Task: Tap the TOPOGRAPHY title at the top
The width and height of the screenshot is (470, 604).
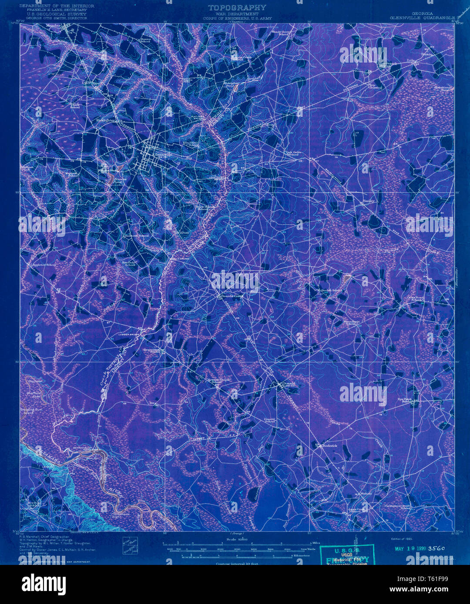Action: (237, 7)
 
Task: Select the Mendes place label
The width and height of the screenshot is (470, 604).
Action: (54, 26)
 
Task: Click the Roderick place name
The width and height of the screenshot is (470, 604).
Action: (329, 446)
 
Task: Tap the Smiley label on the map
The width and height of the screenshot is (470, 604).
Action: (369, 201)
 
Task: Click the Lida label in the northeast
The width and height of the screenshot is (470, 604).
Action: (411, 60)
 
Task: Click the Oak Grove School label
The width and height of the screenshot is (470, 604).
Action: (294, 153)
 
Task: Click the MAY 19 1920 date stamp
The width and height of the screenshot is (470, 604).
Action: (410, 548)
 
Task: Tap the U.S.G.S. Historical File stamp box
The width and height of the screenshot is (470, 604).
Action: (347, 555)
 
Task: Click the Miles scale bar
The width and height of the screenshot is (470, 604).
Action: (237, 544)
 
